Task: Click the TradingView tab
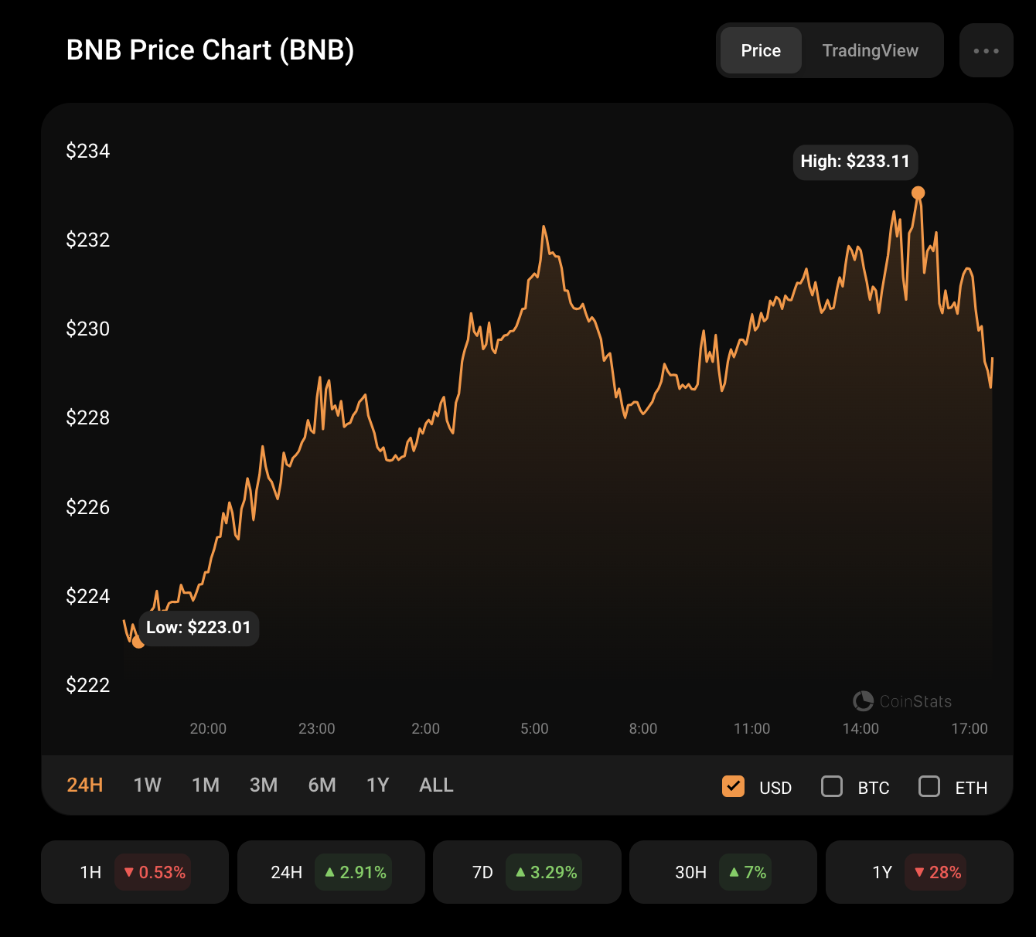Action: (870, 51)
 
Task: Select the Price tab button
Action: (761, 51)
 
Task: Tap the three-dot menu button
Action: (986, 51)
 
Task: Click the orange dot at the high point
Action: (918, 193)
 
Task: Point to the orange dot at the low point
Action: (138, 642)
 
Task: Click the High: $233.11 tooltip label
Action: (855, 162)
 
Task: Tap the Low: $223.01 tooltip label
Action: (199, 628)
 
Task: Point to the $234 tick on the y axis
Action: (88, 151)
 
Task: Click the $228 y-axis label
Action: (88, 417)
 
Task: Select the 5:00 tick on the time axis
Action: (534, 729)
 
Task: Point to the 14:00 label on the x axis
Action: (860, 729)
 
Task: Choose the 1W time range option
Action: (147, 785)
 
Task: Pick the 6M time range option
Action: (322, 785)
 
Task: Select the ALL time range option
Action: (436, 785)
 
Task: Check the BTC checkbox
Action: (832, 787)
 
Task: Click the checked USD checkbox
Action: (733, 787)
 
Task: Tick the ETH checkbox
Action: (929, 787)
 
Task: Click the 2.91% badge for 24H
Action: (355, 873)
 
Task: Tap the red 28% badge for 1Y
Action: (937, 873)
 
